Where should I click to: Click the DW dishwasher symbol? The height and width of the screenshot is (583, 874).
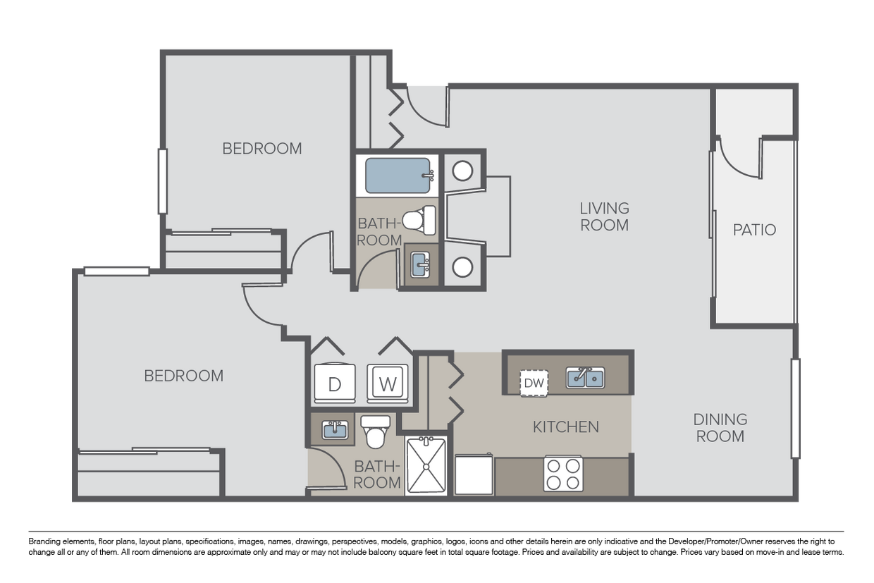point(534,383)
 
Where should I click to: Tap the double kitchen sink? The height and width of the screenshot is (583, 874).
point(585,379)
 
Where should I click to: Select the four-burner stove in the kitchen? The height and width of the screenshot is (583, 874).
point(563,474)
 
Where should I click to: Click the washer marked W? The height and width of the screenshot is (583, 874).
point(388,383)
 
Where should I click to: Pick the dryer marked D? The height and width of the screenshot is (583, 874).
point(335,383)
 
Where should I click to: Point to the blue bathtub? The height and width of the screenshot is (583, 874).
point(398,176)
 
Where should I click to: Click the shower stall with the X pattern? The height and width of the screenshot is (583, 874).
point(426,466)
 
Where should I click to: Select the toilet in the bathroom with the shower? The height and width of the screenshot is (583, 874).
point(375,431)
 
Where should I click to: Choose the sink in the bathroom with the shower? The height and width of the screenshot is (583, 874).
point(335,429)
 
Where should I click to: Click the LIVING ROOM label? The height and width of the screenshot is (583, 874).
point(604,216)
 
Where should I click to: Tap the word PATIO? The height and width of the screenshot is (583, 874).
point(754,230)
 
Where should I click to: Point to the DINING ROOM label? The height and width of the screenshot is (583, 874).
point(720,428)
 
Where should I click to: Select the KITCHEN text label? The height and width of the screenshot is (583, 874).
point(565,426)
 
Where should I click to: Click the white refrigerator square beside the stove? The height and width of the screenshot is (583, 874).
point(474,476)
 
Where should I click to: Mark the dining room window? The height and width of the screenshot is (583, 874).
point(796,408)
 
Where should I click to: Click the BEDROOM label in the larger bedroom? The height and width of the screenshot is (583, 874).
point(183,376)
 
